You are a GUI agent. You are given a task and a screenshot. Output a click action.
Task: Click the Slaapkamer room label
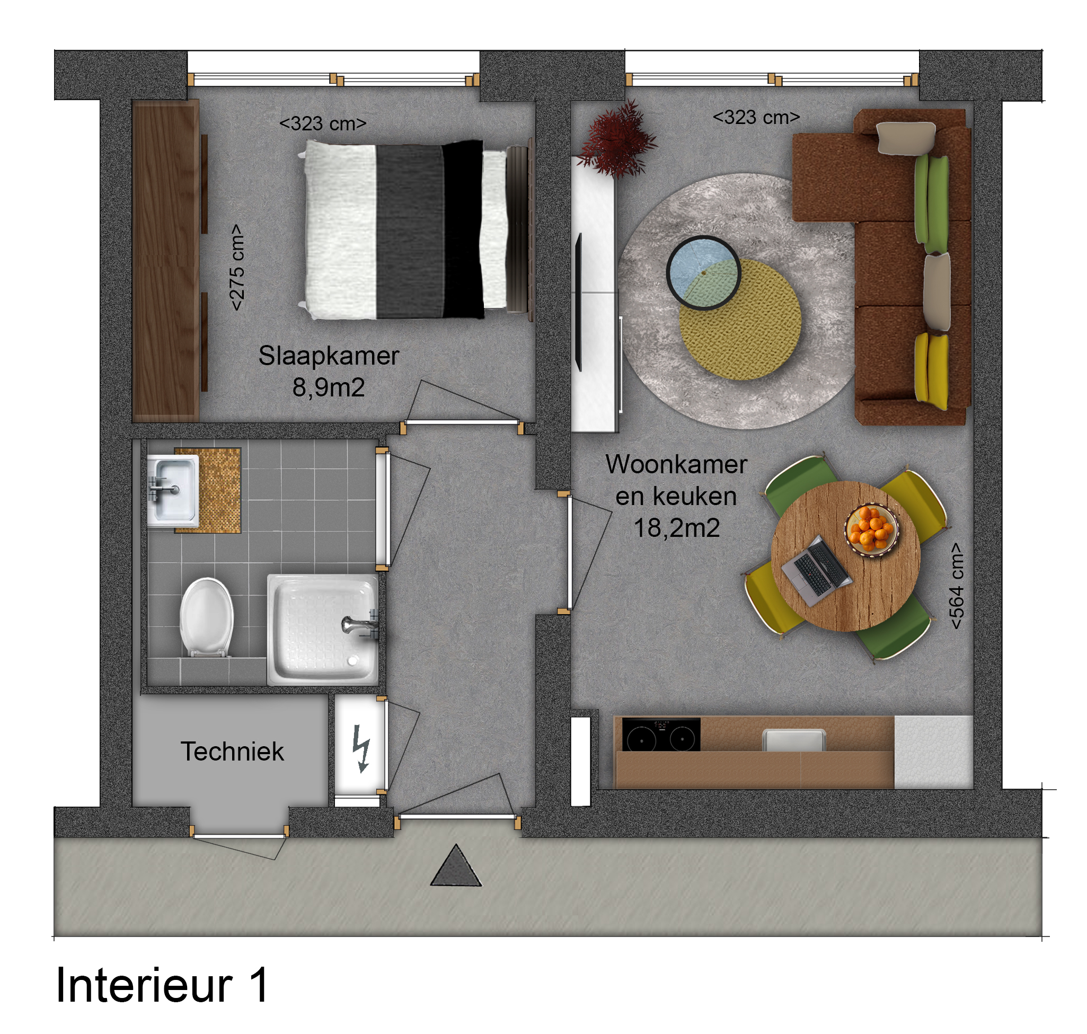(x=329, y=356)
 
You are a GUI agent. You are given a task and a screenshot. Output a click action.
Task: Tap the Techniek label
(x=232, y=752)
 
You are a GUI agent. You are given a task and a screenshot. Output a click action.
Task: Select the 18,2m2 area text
(x=676, y=528)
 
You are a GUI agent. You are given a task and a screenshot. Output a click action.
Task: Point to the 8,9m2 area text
(x=329, y=387)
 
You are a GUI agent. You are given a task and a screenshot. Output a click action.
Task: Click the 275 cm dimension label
(x=236, y=267)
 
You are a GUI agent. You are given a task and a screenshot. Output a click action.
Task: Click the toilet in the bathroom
(x=207, y=617)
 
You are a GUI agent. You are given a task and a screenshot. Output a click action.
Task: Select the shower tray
(x=323, y=630)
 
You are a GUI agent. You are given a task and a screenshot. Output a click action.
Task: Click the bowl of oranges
(x=872, y=529)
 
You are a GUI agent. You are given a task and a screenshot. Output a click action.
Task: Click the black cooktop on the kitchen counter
(x=661, y=735)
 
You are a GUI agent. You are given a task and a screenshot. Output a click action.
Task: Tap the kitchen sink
(x=794, y=740)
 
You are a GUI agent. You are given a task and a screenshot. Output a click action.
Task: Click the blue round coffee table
(x=703, y=273)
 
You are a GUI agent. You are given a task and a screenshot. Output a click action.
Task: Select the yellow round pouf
(x=740, y=319)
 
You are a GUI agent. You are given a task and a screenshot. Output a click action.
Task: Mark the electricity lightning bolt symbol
(x=361, y=748)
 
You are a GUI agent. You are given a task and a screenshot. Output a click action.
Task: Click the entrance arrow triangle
(x=456, y=866)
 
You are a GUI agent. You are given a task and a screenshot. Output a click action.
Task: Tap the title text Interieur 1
(x=162, y=985)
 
